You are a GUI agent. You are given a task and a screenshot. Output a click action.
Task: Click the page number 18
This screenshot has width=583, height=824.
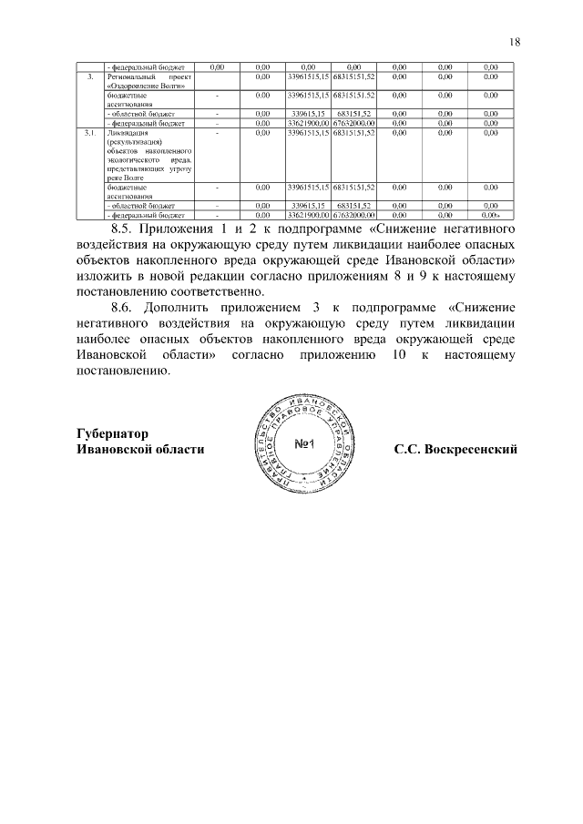point(515,42)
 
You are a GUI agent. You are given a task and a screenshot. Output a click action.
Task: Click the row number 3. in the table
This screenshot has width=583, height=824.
point(89,77)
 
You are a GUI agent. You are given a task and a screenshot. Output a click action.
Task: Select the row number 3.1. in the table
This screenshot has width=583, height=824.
point(89,134)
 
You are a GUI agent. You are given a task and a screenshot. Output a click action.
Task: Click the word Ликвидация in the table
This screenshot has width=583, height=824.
point(124,134)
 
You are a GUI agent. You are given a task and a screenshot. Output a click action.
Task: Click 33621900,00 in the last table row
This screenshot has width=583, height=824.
point(308,215)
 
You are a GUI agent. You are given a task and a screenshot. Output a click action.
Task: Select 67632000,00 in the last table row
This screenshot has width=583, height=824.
point(354,215)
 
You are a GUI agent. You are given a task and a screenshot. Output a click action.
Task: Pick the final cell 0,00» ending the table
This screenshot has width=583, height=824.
point(491,215)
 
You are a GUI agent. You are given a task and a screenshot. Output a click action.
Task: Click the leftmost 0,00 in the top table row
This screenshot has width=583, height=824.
point(217,67)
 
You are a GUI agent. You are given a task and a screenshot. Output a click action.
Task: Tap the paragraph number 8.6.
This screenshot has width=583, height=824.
point(127,308)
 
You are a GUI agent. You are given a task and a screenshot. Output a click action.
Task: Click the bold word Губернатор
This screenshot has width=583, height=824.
point(113,433)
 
